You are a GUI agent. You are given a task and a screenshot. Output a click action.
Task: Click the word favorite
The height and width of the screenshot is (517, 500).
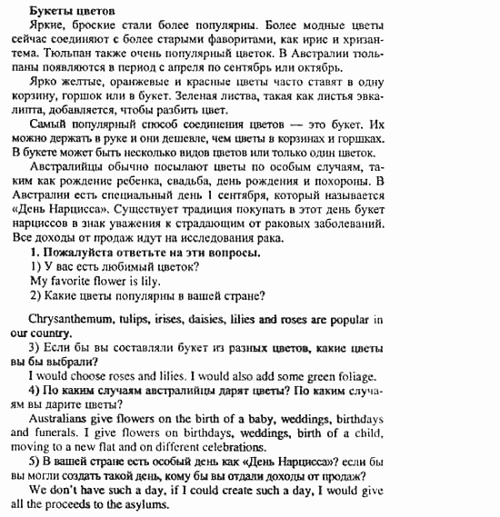pos(75,283)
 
